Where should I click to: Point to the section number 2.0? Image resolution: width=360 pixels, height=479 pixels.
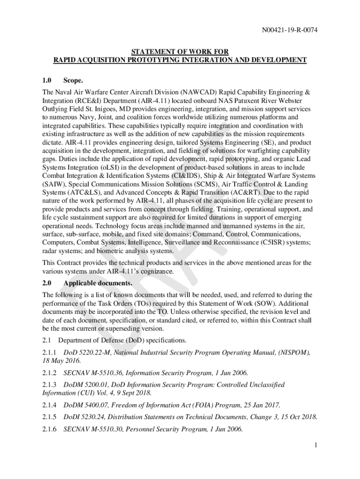click(x=47, y=283)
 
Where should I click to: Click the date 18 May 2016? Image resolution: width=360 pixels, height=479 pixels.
click(x=61, y=361)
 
